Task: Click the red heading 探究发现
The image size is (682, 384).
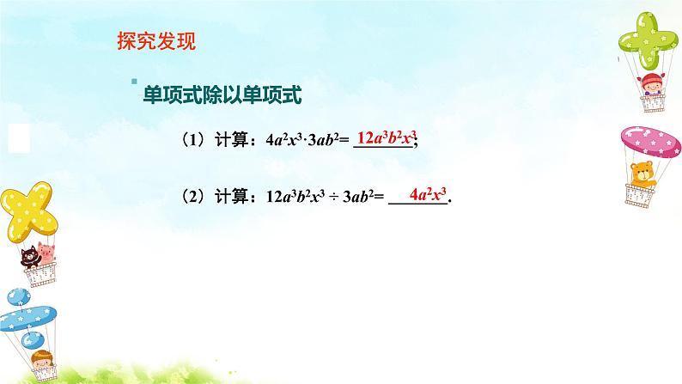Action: (155, 41)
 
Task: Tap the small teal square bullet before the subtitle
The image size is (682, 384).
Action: (134, 82)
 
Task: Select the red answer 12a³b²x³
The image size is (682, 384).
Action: (386, 138)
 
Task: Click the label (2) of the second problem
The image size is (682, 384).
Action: (193, 196)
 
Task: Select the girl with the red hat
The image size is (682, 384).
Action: (650, 86)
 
